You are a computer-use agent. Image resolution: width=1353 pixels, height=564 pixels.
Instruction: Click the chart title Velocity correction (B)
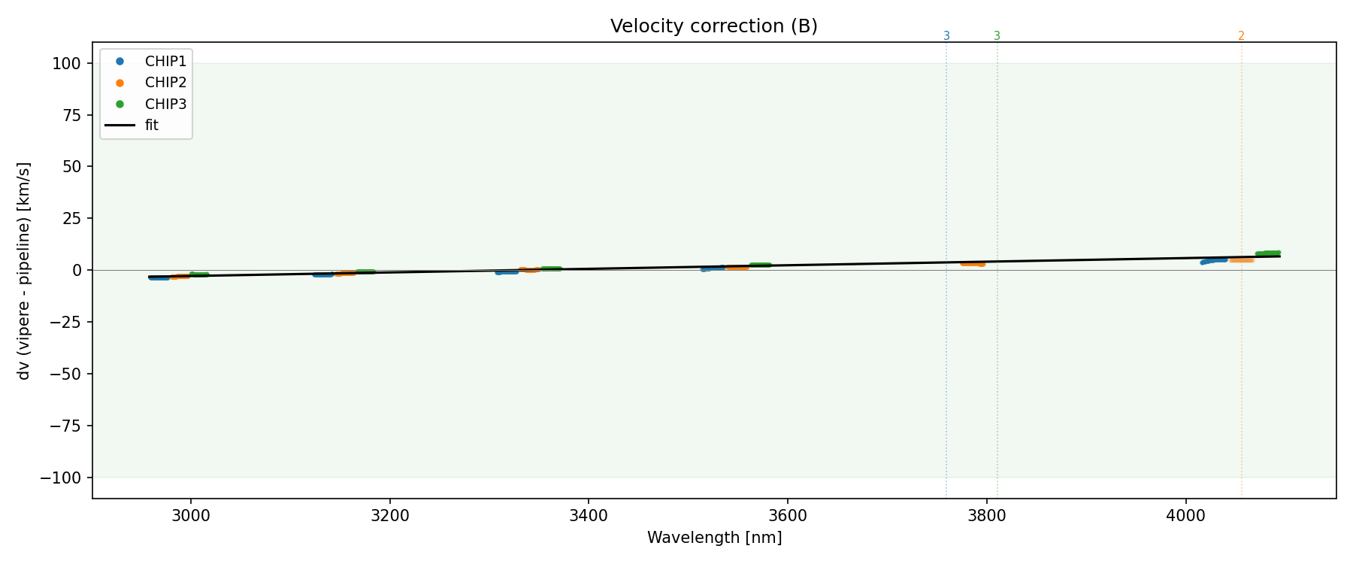[x=713, y=26]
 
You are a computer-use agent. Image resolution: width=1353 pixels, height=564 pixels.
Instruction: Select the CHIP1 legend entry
[x=165, y=62]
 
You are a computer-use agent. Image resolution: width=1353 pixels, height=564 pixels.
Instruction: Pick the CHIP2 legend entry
[x=165, y=83]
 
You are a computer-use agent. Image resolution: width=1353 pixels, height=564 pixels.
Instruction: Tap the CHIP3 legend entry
[x=165, y=105]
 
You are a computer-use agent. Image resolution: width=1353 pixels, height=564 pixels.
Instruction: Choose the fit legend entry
[x=152, y=126]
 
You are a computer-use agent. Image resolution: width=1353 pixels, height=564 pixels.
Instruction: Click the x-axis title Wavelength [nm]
[x=714, y=538]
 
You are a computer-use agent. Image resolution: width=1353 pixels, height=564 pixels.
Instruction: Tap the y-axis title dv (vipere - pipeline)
[x=24, y=271]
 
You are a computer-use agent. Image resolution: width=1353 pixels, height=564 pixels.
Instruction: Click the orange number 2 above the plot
[x=1241, y=36]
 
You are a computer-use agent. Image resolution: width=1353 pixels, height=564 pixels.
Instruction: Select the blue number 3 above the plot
[x=946, y=36]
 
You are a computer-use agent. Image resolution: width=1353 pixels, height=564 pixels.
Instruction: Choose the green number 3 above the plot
[x=997, y=36]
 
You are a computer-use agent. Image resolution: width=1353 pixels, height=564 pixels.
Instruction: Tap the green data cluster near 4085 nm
[x=1268, y=253]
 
